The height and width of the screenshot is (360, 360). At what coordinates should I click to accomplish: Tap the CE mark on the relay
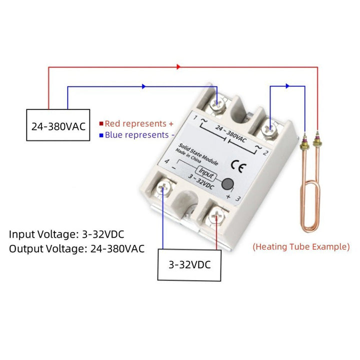[240, 167]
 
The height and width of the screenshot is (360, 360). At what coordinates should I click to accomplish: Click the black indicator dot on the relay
[229, 183]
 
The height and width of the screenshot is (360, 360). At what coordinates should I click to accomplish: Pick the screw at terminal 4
[163, 188]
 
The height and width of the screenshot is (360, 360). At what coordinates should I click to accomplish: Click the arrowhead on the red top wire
[178, 66]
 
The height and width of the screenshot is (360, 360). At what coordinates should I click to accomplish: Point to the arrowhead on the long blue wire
[144, 86]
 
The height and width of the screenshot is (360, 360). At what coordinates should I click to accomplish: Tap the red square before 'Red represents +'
[101, 123]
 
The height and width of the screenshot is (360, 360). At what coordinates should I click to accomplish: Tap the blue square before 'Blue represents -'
[101, 135]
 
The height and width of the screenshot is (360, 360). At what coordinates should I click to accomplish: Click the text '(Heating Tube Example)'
[301, 246]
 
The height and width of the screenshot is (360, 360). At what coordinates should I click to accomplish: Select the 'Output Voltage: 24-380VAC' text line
[77, 248]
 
